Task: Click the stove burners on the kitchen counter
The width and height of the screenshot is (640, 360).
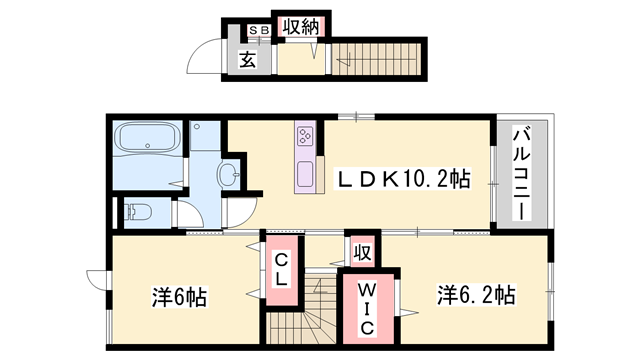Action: [305, 136]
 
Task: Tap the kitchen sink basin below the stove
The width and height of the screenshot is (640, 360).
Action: [305, 174]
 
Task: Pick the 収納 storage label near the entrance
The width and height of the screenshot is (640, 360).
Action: [300, 28]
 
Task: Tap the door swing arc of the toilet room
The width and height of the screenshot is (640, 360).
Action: [186, 213]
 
